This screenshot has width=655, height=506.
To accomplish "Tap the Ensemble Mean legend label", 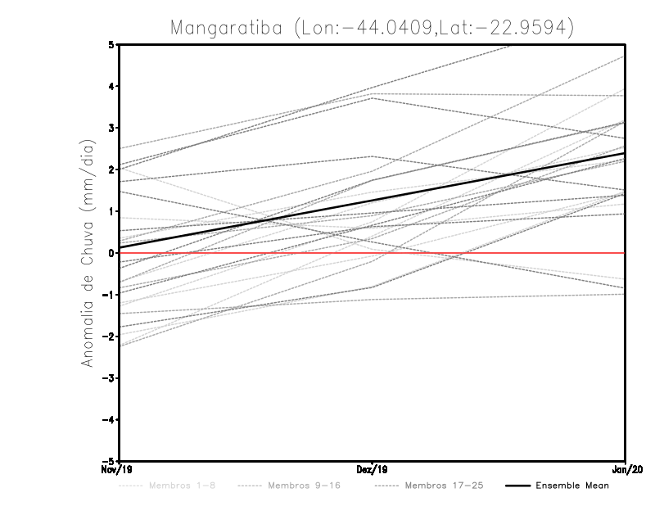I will pyautogui.click(x=572, y=486).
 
